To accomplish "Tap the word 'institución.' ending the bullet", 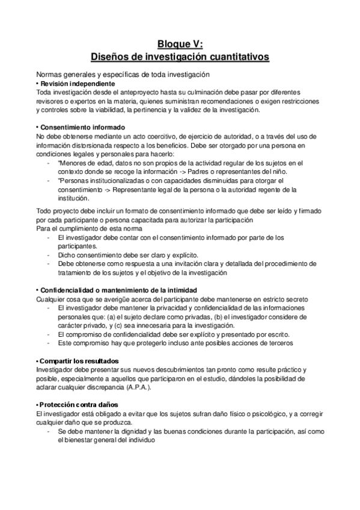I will (73, 198).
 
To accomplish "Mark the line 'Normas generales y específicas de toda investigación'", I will (123, 74).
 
